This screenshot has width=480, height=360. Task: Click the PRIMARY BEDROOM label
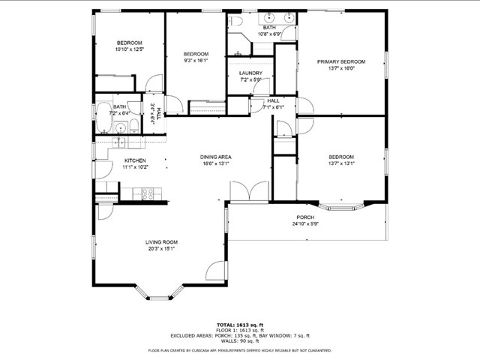pyautogui.click(x=340, y=61)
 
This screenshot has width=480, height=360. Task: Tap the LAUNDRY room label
pyautogui.click(x=251, y=73)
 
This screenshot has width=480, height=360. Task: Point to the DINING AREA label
pyautogui.click(x=215, y=157)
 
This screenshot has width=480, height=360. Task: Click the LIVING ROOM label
pyautogui.click(x=160, y=242)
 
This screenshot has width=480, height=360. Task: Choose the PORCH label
pyautogui.click(x=305, y=217)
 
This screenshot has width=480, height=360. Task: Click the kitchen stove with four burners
pyautogui.click(x=148, y=194)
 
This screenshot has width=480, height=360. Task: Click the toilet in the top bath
pyautogui.click(x=236, y=22)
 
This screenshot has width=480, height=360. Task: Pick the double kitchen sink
pyautogui.click(x=121, y=141)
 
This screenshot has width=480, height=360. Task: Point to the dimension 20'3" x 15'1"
pyautogui.click(x=160, y=249)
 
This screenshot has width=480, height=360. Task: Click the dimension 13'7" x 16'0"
pyautogui.click(x=340, y=68)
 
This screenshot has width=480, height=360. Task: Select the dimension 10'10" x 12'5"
pyautogui.click(x=129, y=49)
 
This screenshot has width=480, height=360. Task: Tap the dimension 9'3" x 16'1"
pyautogui.click(x=196, y=61)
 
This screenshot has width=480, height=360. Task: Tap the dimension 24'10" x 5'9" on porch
pyautogui.click(x=305, y=223)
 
